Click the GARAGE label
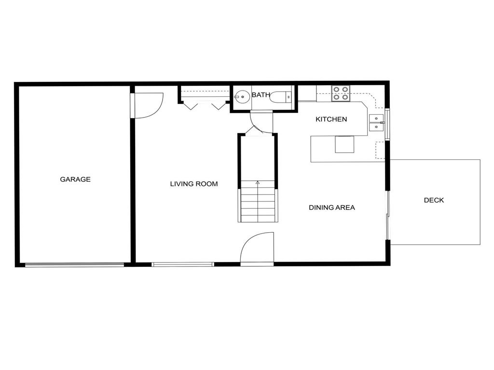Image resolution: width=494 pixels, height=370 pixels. (75, 179)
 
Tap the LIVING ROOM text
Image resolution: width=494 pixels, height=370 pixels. (194, 184)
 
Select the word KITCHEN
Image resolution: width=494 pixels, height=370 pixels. (331, 119)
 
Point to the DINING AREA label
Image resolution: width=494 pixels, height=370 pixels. (332, 208)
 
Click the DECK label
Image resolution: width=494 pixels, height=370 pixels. (434, 200)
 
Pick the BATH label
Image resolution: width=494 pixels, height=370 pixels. (261, 95)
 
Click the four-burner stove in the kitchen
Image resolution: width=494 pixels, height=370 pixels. (341, 93)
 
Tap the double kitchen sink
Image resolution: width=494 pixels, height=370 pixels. (376, 123)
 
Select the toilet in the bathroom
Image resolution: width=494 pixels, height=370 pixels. (280, 97)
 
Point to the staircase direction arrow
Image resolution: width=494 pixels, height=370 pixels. (258, 183)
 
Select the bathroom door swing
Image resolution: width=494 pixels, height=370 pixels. (261, 122)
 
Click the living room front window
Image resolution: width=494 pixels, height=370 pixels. (183, 264)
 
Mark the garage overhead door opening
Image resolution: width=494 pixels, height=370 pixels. (74, 264)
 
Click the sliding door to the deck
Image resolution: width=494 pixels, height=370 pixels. (387, 215)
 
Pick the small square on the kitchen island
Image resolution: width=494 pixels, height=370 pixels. (344, 144)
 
